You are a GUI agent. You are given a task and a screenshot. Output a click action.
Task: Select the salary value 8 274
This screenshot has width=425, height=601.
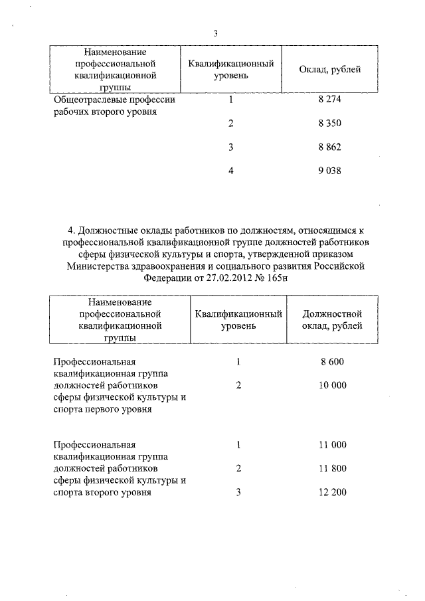point(330,100)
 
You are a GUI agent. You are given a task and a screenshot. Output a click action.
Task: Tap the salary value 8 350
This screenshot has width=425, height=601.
point(330,124)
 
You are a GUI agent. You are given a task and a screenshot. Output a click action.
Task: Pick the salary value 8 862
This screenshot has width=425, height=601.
point(330,147)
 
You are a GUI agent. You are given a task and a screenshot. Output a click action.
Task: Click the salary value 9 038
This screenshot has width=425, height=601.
point(330,171)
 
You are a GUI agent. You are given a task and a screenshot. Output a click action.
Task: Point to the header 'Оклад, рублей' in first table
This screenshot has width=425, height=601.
point(330,69)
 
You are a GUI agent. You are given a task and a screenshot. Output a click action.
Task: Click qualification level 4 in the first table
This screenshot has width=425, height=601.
point(231,171)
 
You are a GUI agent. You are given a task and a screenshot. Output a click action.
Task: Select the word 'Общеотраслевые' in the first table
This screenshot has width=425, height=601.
point(87,100)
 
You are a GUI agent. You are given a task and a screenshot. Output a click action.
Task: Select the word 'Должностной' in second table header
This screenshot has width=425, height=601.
point(331,313)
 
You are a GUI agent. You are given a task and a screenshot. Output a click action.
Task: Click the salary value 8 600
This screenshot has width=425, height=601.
point(331,362)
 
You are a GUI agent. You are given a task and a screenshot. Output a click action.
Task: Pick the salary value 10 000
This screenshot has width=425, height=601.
point(331,386)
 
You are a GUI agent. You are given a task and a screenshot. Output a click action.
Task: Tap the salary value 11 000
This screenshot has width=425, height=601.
point(331,444)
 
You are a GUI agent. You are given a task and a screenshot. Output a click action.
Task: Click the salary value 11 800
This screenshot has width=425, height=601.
point(331,469)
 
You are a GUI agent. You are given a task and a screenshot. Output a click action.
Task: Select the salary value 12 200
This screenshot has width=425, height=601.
point(331,493)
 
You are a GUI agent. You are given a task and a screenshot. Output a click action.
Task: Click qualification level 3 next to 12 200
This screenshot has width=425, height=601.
point(238,493)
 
